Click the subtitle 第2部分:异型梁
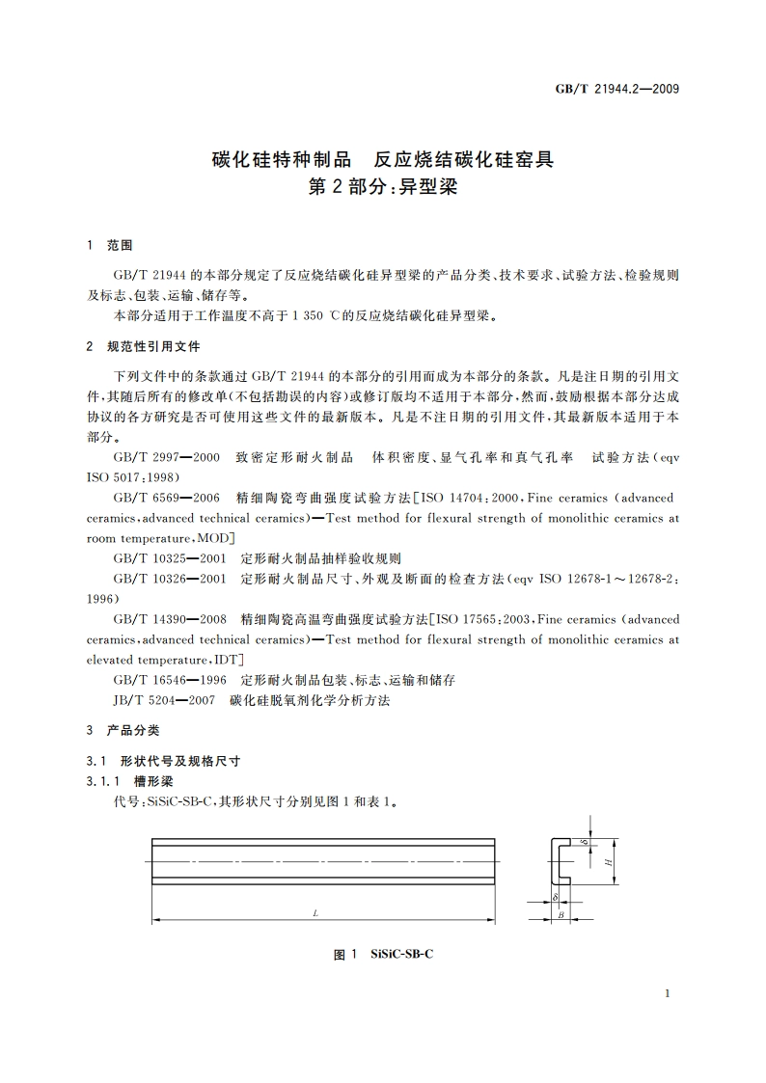tap(383, 186)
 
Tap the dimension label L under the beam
tap(315, 912)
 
